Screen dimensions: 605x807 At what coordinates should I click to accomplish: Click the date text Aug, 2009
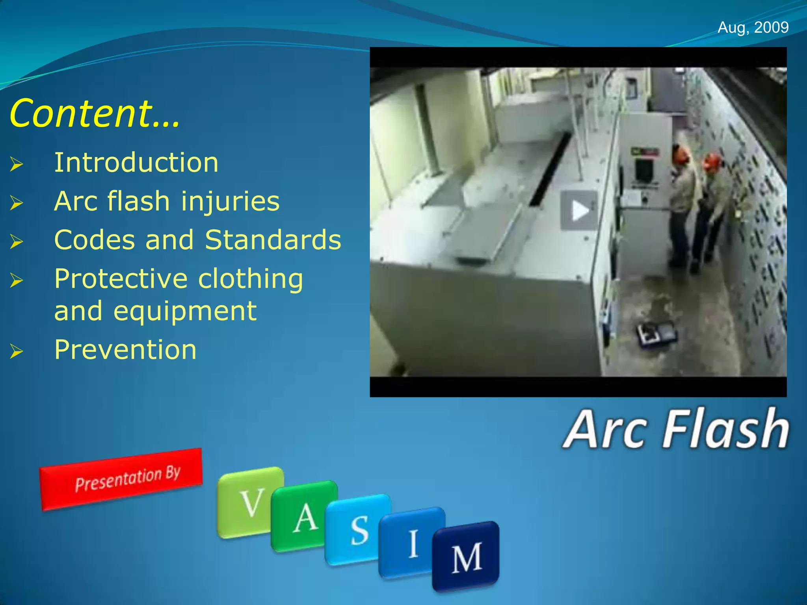click(x=753, y=28)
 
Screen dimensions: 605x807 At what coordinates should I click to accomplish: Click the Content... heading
click(x=95, y=114)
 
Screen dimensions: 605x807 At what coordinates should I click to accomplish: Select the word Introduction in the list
click(x=136, y=163)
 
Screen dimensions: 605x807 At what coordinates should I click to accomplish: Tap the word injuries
click(x=230, y=201)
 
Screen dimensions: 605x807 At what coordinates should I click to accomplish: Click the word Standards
click(x=273, y=240)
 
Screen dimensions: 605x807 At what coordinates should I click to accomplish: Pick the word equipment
click(x=185, y=311)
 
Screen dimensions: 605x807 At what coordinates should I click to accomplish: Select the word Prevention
click(x=125, y=350)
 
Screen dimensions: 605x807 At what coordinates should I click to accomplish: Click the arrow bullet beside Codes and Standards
click(x=17, y=241)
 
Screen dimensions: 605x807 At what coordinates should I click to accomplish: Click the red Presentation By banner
click(x=121, y=479)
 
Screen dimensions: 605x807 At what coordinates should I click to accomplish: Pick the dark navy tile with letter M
click(x=466, y=556)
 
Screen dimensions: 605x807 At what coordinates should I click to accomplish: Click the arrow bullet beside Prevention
click(x=17, y=351)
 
